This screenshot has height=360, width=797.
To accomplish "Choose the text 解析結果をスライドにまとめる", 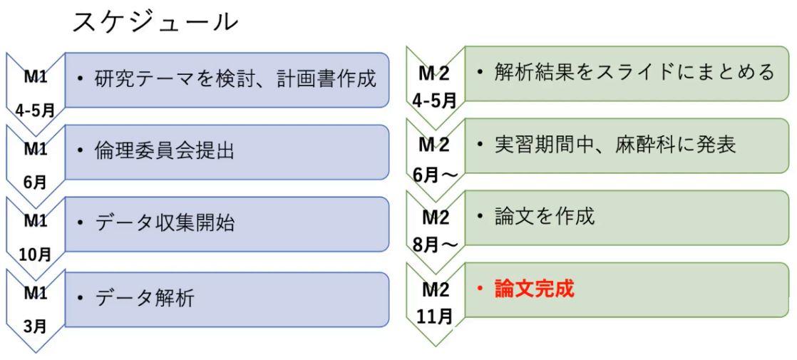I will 634,72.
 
